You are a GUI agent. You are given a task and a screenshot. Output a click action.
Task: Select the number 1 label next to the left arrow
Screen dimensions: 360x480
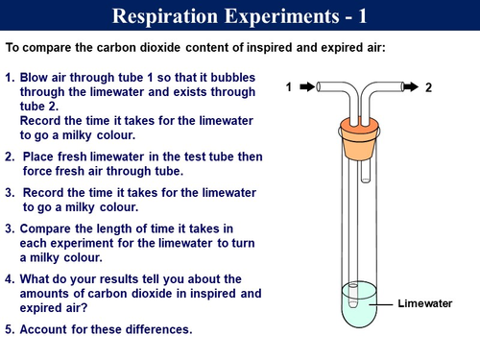point(288,87)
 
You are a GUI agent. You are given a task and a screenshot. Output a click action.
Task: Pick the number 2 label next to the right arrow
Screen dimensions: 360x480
point(428,87)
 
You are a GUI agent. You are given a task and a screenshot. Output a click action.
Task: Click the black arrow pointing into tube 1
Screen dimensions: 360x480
point(308,87)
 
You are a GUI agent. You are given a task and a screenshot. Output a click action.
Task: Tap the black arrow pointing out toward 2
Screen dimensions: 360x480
point(407,87)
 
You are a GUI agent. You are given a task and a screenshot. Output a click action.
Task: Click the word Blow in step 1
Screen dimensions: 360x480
point(36,76)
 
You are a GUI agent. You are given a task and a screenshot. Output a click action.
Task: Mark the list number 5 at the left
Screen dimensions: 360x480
point(9,329)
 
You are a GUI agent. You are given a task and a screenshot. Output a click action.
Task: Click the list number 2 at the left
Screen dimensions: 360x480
point(9,156)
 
